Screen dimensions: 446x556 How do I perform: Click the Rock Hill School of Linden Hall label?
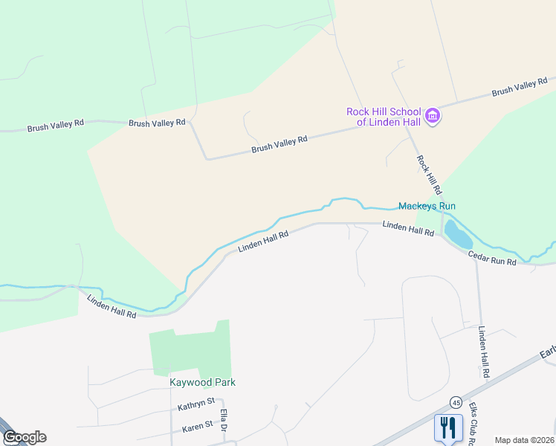384,117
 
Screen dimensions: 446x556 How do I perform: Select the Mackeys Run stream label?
427,206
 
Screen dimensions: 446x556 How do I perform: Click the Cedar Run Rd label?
491,259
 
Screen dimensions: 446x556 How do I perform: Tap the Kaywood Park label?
203,382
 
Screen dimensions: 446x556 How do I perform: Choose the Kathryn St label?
196,407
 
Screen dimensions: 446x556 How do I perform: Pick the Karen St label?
198,425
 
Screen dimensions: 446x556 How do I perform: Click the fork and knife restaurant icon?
447,427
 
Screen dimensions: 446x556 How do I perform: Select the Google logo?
25,437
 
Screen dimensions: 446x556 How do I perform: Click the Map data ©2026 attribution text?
524,440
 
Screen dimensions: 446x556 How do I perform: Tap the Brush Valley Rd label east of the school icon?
520,86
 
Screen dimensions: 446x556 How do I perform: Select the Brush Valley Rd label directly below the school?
279,144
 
